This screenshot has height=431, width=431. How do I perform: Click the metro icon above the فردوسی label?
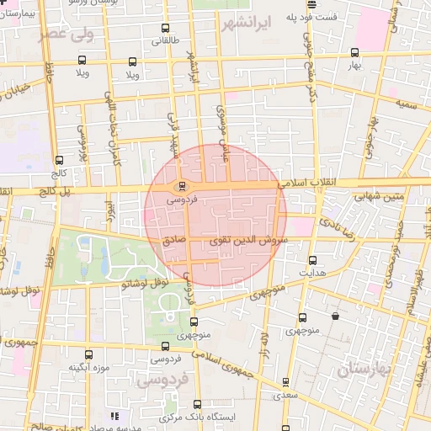coord(178,187)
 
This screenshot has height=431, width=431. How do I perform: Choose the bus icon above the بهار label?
coord(354,52)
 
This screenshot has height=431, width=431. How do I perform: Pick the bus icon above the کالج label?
coord(58,161)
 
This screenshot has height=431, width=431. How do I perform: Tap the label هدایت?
coord(312,273)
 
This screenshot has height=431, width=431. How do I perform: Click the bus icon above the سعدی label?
coord(285,382)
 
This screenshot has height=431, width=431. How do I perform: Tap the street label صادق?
coord(175,239)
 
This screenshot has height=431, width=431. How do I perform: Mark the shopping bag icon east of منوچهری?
coord(336,317)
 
